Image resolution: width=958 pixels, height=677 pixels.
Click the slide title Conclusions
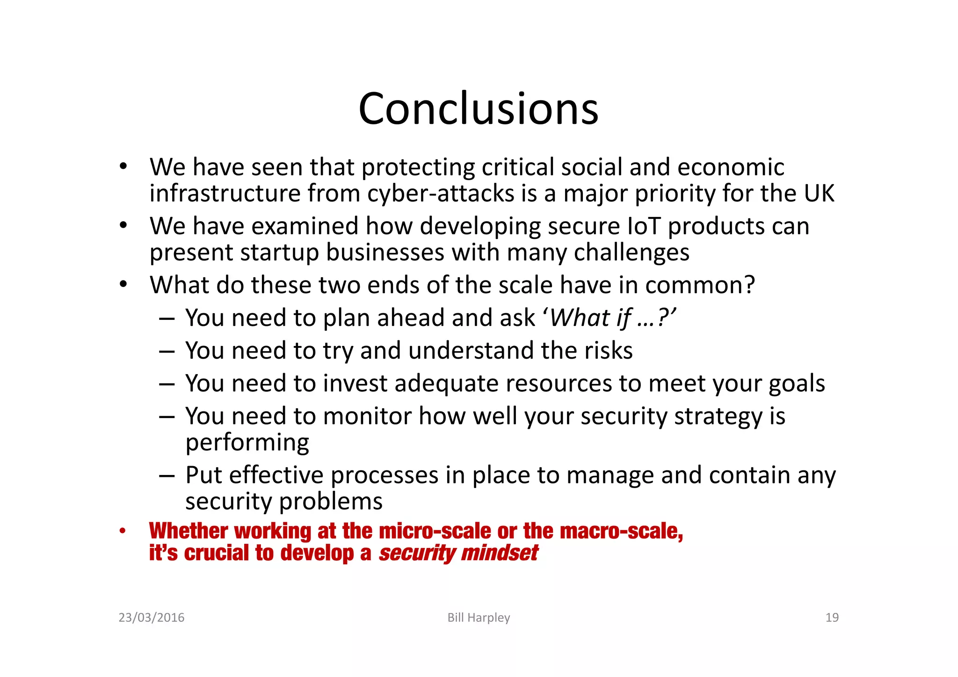(x=478, y=108)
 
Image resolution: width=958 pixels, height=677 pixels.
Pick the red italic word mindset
(x=499, y=553)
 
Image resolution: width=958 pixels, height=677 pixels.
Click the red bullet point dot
(x=123, y=531)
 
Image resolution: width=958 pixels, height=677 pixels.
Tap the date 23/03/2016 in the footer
(x=152, y=618)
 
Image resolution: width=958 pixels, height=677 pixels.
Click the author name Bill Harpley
(x=479, y=618)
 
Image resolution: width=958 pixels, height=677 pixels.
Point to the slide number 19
(x=832, y=618)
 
